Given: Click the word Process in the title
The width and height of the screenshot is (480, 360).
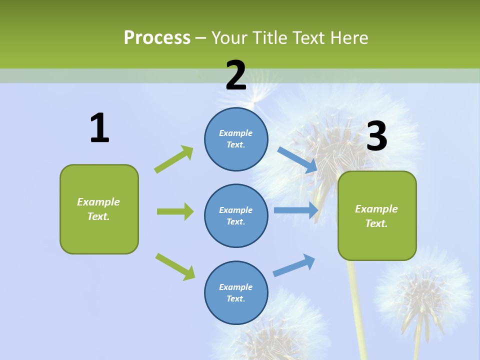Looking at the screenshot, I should pos(157,38).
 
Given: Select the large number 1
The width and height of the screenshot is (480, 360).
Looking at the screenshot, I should pos(99,128).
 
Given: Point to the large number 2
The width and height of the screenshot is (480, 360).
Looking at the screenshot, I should pos(236,75).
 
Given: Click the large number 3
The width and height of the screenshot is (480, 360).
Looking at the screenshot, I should pos(376,136).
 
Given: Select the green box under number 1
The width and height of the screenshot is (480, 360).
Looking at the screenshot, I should pos(99,209).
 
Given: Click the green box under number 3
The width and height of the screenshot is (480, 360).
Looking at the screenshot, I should pos(377,215).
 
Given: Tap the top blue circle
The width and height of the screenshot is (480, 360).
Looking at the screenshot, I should pos(236,139).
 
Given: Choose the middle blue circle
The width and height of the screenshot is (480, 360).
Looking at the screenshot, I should pos(236,215).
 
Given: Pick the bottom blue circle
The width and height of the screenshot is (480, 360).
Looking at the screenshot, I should pos(236,292).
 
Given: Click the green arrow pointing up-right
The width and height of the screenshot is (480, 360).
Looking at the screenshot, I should pos(174,159).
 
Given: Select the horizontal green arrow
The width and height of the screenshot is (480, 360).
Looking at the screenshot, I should pos(175,211).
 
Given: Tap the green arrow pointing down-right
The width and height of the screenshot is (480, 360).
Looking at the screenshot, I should pos(175,266).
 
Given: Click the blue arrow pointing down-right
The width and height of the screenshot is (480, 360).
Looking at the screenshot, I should pos(297,159).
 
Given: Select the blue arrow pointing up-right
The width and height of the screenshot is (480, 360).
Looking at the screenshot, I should pos(294,265).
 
